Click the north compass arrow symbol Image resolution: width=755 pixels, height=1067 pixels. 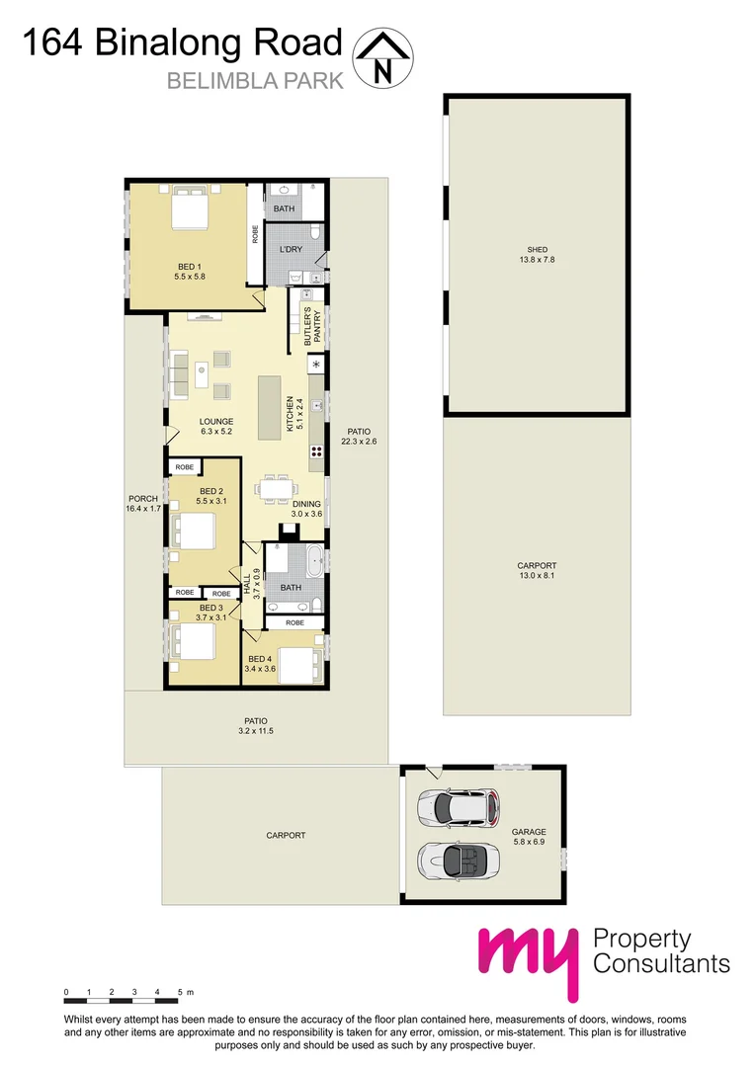(383, 57)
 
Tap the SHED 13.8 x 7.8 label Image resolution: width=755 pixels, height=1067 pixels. (538, 255)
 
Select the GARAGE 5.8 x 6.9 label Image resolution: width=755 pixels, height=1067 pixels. (529, 838)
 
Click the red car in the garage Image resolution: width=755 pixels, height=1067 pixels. (456, 808)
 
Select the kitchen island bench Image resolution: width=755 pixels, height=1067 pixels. (270, 407)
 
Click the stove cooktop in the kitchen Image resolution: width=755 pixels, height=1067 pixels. (318, 451)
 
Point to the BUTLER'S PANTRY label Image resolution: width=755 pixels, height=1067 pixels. (306, 321)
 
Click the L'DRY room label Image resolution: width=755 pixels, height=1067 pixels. (291, 249)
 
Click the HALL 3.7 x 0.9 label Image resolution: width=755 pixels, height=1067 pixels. (252, 582)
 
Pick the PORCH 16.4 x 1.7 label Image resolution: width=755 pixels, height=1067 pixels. (142, 504)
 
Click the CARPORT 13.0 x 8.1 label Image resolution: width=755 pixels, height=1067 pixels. (538, 571)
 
